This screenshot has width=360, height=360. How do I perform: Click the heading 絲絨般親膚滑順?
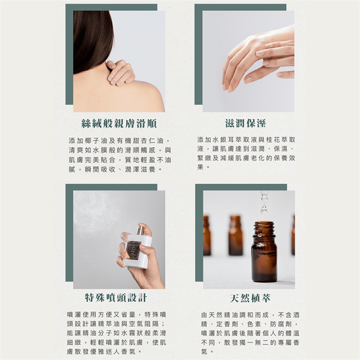coord(119,124)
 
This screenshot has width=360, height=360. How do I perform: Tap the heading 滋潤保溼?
coord(246,123)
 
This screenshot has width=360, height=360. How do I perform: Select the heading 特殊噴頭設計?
coord(116,298)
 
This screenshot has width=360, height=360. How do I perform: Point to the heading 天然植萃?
coord(250,298)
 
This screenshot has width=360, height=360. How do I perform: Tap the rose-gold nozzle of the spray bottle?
coord(141,230)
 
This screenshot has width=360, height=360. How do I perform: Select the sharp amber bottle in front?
coord(264,251)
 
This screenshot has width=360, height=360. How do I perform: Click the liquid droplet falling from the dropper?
coord(264,210)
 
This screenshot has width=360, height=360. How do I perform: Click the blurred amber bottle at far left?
coord(207,235)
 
